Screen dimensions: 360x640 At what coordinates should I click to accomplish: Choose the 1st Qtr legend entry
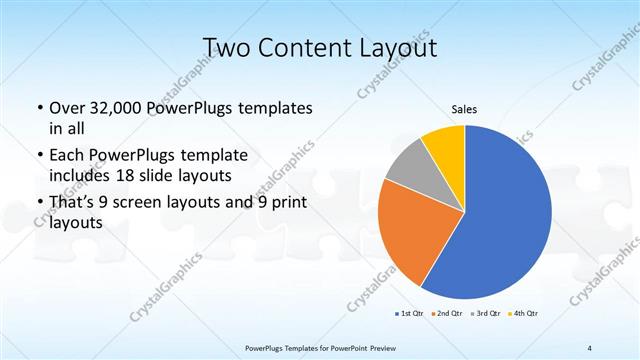pyautogui.click(x=412, y=314)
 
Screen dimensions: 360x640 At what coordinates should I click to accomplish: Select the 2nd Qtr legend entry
pyautogui.click(x=447, y=314)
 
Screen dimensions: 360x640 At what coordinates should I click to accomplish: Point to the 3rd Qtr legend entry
pyautogui.click(x=485, y=314)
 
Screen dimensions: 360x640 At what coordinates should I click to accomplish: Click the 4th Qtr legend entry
pyautogui.click(x=524, y=314)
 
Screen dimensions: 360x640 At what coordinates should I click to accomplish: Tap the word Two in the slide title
pyautogui.click(x=225, y=48)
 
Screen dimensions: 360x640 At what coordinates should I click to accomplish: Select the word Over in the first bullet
pyautogui.click(x=70, y=108)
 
